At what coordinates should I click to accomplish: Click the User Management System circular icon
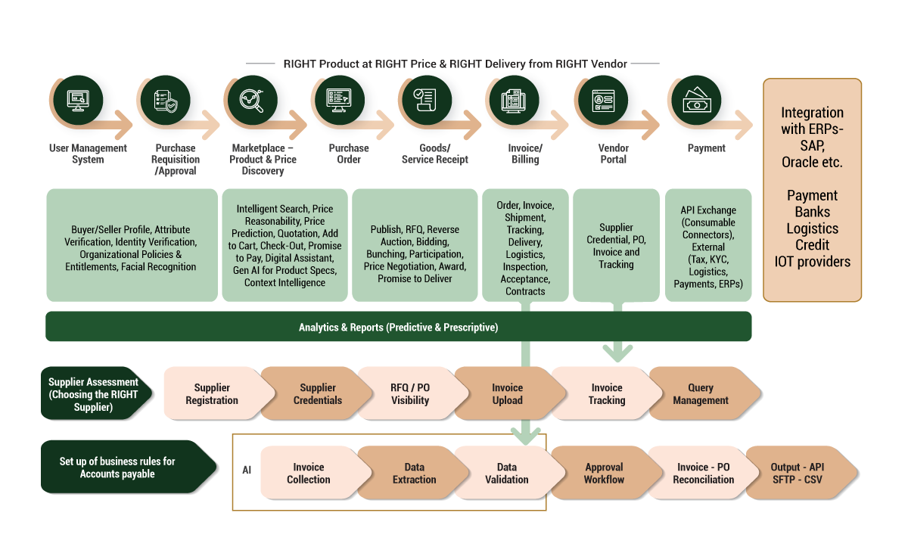click(78, 101)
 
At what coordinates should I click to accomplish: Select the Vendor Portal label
click(613, 154)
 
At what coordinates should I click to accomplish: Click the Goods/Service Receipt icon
click(424, 101)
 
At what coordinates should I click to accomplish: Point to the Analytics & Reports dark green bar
click(398, 327)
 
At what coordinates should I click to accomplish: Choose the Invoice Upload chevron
click(507, 394)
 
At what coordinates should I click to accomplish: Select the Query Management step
click(701, 394)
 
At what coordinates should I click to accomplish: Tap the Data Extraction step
click(414, 474)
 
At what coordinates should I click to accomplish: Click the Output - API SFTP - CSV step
click(798, 474)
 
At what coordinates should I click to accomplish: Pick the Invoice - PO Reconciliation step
click(703, 474)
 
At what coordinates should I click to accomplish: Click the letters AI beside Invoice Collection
click(247, 471)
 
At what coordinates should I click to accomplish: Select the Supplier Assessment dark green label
click(93, 394)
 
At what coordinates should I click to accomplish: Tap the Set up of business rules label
click(117, 468)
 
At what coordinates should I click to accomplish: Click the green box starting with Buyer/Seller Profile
click(130, 246)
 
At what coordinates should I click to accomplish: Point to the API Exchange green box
click(707, 246)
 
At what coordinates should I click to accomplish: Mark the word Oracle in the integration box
click(800, 162)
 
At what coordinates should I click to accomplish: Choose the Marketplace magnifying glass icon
click(251, 101)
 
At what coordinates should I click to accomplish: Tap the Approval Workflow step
click(604, 474)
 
